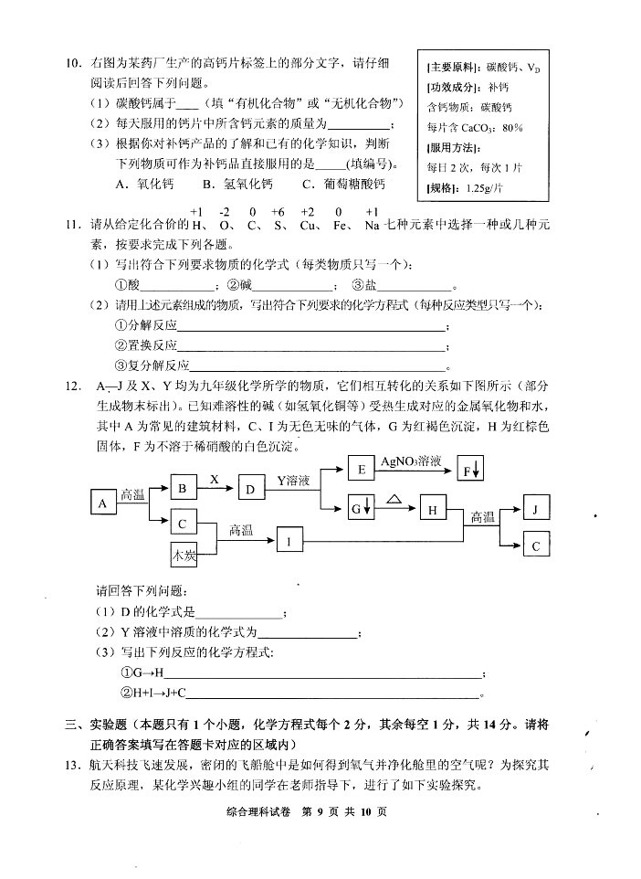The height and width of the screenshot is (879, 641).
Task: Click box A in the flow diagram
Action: click(103, 503)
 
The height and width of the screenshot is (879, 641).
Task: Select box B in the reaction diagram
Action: click(183, 489)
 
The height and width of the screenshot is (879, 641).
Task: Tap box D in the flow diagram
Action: click(249, 489)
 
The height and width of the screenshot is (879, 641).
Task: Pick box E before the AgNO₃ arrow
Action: click(362, 470)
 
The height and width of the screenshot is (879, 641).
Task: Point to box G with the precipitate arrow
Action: click(361, 508)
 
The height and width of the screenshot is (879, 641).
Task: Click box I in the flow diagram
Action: click(289, 542)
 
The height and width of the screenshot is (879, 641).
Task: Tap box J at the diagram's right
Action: click(536, 508)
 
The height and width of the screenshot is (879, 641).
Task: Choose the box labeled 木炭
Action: click(184, 554)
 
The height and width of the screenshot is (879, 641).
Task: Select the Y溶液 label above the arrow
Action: click(294, 480)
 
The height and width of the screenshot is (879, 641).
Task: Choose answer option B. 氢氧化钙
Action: click(236, 184)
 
